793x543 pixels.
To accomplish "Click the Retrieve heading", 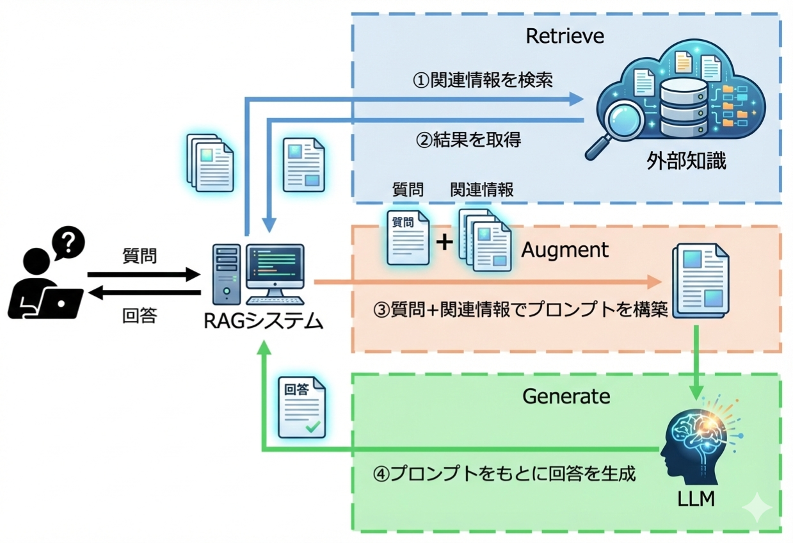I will click(565, 36).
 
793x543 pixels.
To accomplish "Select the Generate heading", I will click(566, 396).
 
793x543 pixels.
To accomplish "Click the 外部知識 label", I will click(686, 161).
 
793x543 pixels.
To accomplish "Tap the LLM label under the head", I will click(695, 499).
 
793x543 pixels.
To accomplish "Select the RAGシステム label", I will click(263, 320).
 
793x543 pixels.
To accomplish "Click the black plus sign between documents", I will click(444, 243).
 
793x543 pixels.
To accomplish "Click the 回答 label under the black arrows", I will click(140, 317).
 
